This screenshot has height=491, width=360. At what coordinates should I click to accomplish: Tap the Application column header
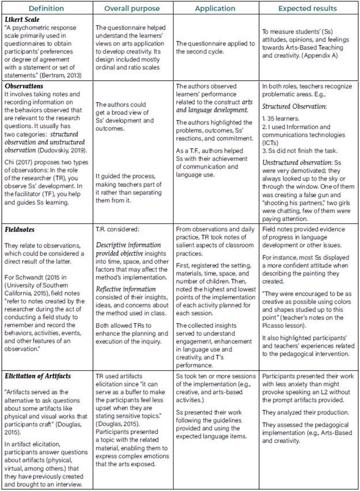(x=215, y=9)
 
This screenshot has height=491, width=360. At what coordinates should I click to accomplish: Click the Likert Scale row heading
(x=25, y=20)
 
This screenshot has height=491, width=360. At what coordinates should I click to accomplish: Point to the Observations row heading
(x=27, y=86)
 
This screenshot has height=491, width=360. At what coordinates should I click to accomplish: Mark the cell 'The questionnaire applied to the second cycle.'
(x=215, y=48)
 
